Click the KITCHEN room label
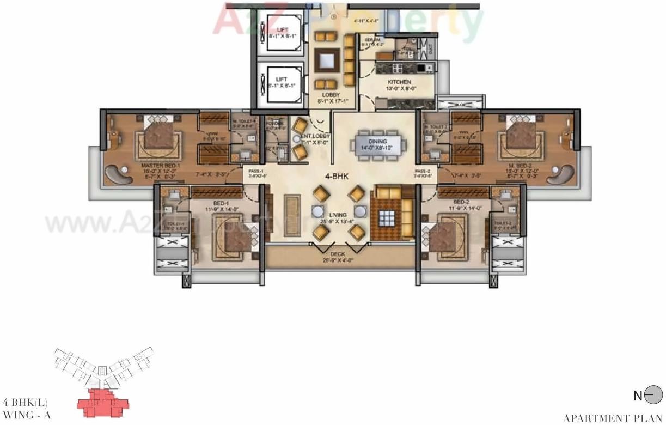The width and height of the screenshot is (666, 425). pos(399,82)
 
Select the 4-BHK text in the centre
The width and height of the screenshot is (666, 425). pos(337,176)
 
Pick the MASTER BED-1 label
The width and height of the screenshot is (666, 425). pos(161,165)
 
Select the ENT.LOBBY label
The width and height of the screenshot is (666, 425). pos(314,136)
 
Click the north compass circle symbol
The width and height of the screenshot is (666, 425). pos(653,396)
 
